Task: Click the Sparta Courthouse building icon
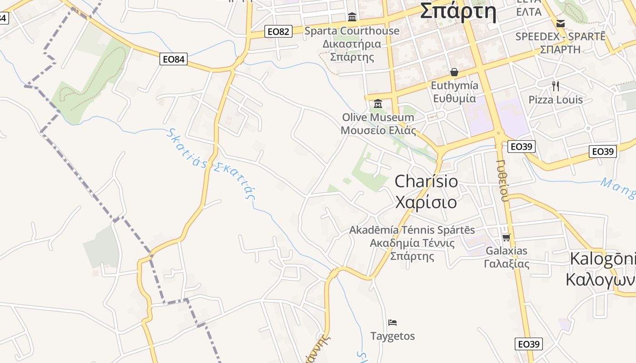pos(352,17)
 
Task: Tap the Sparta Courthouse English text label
pos(352,31)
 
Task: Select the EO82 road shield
pos(278,31)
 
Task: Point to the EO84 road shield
pos(174,59)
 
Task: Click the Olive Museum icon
pos(378,104)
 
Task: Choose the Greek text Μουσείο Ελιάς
pos(378,131)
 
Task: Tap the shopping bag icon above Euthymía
pos(454,72)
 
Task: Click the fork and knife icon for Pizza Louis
pos(555,86)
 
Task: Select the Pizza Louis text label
pos(555,100)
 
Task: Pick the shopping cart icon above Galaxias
pos(506,237)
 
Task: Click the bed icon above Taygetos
pos(393,323)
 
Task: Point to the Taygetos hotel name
pos(393,336)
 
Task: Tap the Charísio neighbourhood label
pos(426,181)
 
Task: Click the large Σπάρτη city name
pos(457,11)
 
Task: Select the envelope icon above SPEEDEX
pos(561,23)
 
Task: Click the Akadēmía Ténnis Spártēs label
pos(412,230)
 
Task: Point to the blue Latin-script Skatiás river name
pos(186,148)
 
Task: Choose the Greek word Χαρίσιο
pos(426,202)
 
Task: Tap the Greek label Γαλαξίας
pos(507,264)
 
